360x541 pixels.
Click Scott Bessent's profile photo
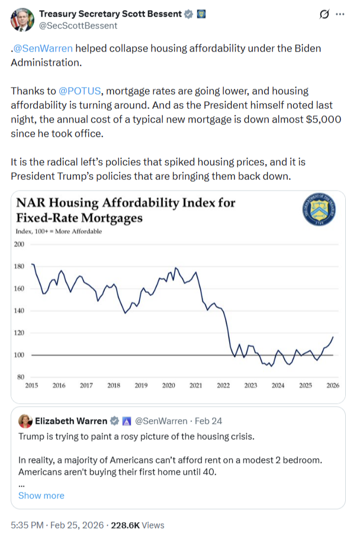pos(21,19)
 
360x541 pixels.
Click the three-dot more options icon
pos(340,14)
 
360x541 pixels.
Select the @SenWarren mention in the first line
pos(41,49)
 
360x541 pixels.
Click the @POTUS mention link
pos(79,91)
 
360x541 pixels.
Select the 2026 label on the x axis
pos(333,386)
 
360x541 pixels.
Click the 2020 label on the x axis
pos(168,386)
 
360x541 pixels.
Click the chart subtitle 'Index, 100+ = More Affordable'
pos(62,231)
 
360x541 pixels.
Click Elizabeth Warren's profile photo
pos(25,421)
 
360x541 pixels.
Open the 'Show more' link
pos(41,495)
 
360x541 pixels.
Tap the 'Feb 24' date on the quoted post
pos(210,421)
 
